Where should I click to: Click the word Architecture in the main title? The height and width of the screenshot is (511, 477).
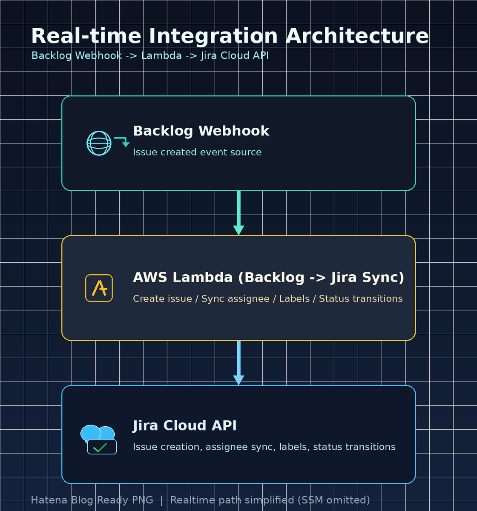click(x=357, y=36)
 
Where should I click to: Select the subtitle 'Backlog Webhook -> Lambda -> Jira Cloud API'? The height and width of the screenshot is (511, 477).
click(x=150, y=56)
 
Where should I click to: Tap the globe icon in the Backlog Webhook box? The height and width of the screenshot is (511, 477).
click(x=99, y=143)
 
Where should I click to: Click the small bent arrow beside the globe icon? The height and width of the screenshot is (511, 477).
click(x=122, y=141)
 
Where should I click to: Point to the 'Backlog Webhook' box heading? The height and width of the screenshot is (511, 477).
click(x=201, y=131)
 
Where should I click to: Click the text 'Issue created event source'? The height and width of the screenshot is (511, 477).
click(x=197, y=152)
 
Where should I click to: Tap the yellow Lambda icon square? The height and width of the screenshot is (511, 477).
click(x=99, y=288)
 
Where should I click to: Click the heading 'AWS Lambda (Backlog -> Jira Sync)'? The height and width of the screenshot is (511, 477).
click(x=268, y=278)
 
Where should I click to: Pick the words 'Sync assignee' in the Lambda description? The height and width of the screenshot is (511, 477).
click(x=235, y=299)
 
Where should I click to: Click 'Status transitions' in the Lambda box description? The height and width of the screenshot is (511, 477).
click(x=361, y=299)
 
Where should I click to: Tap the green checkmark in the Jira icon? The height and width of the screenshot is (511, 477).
click(x=100, y=448)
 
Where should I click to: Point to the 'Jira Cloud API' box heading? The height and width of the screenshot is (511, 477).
click(x=185, y=426)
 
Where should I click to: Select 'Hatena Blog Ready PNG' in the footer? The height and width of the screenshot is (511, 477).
click(x=92, y=500)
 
